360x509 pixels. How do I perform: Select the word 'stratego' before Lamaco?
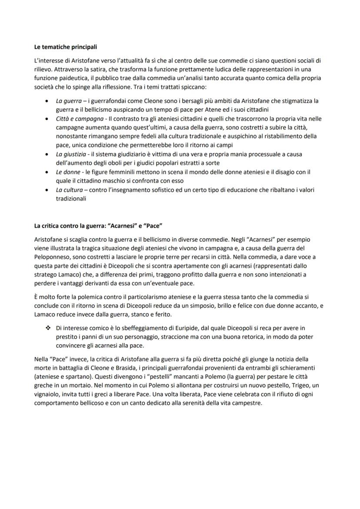click(x=45, y=275)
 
